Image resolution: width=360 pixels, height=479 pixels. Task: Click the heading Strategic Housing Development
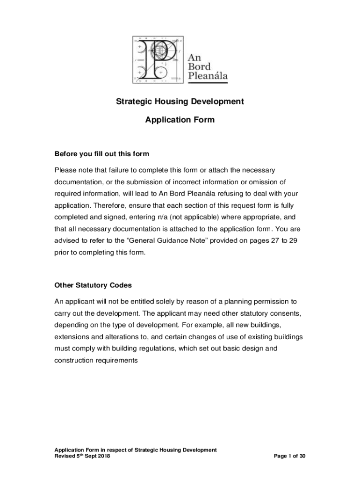tap(180, 102)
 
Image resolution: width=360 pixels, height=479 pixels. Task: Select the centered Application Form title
tap(180, 120)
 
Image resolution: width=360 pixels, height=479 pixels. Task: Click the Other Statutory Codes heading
tap(93, 285)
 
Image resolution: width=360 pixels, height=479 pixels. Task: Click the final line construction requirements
tap(96, 360)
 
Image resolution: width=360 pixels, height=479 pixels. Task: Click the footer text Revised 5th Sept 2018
tap(82, 456)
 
